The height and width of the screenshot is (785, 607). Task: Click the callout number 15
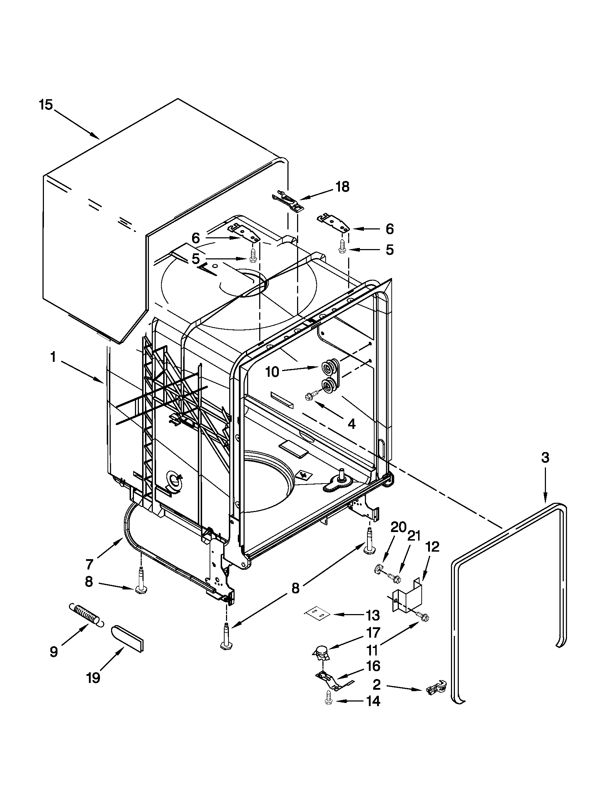pyautogui.click(x=46, y=105)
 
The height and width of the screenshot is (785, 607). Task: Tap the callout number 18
pyautogui.click(x=342, y=187)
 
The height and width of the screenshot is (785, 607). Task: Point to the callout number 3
pyautogui.click(x=545, y=457)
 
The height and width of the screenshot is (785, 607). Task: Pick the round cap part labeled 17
pyautogui.click(x=321, y=650)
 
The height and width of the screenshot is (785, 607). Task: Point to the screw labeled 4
pyautogui.click(x=310, y=396)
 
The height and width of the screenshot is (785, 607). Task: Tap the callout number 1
pyautogui.click(x=53, y=358)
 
